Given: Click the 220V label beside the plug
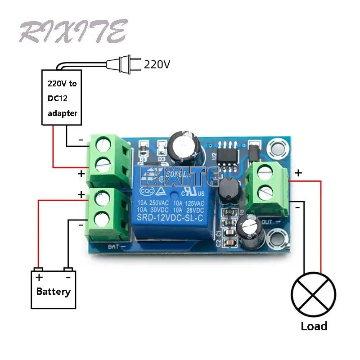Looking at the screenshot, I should click(x=157, y=64).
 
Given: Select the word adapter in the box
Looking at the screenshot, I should click(x=63, y=113).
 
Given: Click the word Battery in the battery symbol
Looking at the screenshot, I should click(x=53, y=291).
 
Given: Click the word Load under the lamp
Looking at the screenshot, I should click(x=314, y=326).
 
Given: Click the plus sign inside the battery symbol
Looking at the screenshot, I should click(x=39, y=277).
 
